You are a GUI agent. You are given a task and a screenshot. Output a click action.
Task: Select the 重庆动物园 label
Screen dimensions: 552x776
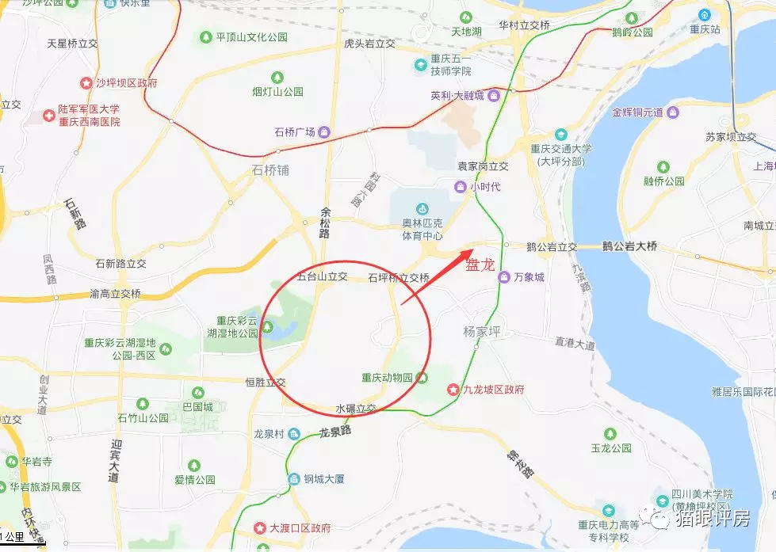(388, 377)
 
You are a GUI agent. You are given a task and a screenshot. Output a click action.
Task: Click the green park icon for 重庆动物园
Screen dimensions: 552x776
(423, 377)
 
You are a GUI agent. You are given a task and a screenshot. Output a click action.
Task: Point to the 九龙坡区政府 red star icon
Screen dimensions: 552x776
(453, 390)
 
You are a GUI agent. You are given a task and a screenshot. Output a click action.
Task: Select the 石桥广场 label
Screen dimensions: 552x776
(295, 131)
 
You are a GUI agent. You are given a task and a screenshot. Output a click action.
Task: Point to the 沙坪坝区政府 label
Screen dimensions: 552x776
(126, 82)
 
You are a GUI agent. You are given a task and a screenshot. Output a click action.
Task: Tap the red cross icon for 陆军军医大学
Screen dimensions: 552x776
(48, 116)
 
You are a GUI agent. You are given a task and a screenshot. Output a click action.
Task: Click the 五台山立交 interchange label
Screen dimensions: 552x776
(323, 277)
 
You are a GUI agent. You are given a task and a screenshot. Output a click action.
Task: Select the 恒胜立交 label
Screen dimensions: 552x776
(266, 382)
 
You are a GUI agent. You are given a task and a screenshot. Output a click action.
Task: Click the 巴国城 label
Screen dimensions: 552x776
(198, 407)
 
